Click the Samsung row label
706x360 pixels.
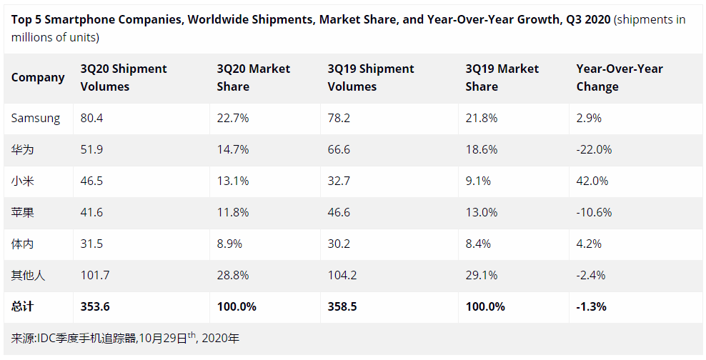(x=36, y=119)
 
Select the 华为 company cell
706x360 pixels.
(x=24, y=150)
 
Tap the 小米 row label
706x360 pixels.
(x=24, y=181)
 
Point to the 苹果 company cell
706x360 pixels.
(x=24, y=213)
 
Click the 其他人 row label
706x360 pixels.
(x=28, y=275)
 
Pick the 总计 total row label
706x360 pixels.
(x=23, y=306)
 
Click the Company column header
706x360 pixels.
(x=38, y=77)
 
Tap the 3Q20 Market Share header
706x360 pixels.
(x=254, y=77)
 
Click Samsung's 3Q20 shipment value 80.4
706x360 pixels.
(x=92, y=119)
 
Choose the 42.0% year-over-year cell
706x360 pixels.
(x=592, y=181)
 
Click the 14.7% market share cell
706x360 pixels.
(x=233, y=150)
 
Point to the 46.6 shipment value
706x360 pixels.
(x=339, y=213)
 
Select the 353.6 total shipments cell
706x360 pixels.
(x=96, y=306)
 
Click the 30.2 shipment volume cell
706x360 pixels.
(x=339, y=244)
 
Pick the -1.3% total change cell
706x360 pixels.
(x=592, y=306)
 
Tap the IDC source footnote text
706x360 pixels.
(x=126, y=338)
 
